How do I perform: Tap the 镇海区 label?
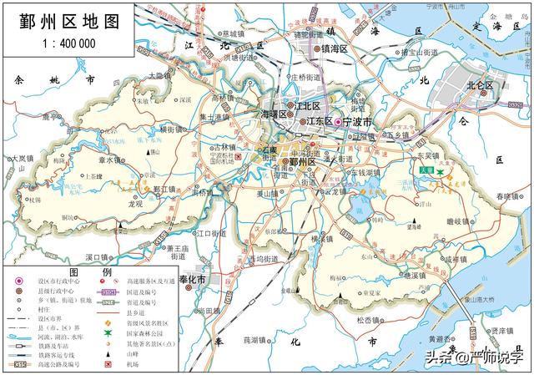(x=332, y=49)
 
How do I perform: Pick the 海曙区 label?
(x=275, y=114)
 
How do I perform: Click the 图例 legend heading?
(x=89, y=273)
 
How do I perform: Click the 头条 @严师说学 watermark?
(x=476, y=358)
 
